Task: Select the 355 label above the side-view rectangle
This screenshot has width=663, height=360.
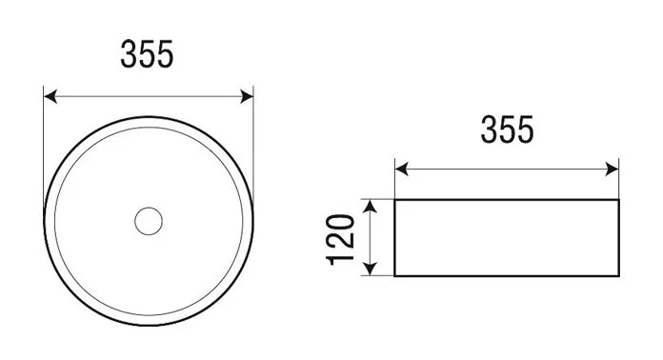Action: (x=507, y=130)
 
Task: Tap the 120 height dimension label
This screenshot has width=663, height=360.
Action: (x=342, y=239)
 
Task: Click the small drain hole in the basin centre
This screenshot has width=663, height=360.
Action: (x=148, y=221)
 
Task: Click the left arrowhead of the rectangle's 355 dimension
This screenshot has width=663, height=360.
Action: (x=401, y=170)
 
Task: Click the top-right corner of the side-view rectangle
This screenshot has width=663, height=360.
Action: (x=618, y=200)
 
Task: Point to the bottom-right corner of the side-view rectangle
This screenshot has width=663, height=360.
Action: (x=618, y=276)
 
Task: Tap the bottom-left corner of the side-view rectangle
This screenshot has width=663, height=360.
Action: (x=394, y=276)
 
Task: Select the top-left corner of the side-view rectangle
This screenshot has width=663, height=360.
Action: (x=394, y=200)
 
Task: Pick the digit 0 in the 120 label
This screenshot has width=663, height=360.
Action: (x=342, y=220)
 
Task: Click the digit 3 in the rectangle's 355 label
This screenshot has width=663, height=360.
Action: (x=489, y=130)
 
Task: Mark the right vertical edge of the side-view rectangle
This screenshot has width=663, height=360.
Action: (x=618, y=238)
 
